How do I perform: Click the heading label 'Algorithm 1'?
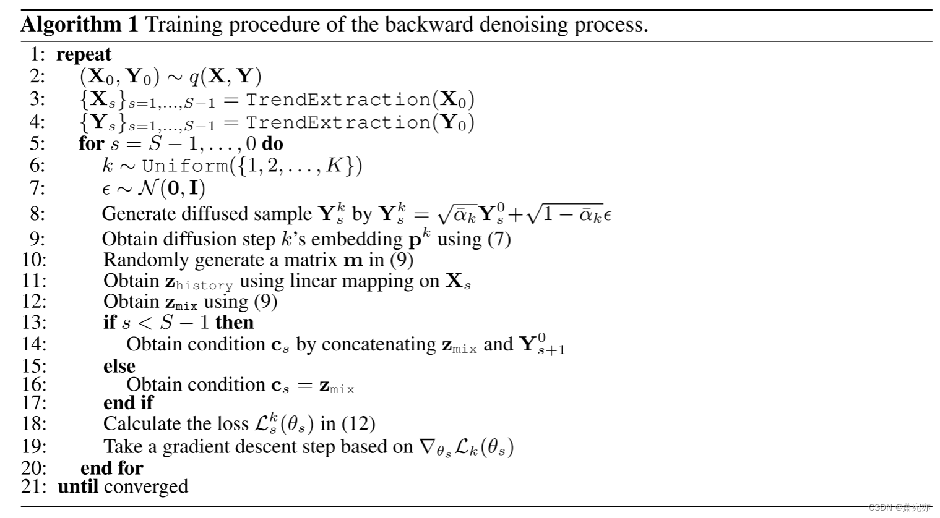point(80,25)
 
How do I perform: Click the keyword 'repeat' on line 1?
point(84,54)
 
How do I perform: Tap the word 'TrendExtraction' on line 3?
point(338,100)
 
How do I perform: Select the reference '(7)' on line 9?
point(498,239)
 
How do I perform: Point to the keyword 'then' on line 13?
point(235,322)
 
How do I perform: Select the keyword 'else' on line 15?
point(119,366)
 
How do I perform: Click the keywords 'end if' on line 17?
point(128,403)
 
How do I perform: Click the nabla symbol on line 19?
point(427,446)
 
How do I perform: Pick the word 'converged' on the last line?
point(146,486)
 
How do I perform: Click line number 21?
point(33,486)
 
